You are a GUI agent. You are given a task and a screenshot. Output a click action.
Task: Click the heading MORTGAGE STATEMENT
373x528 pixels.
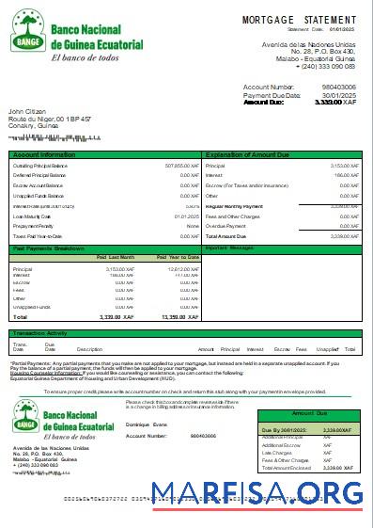pos(299,20)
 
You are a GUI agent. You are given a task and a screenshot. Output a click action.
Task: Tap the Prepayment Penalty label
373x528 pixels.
pos(34,226)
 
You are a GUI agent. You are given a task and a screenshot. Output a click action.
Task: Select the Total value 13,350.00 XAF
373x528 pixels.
pos(179,318)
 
